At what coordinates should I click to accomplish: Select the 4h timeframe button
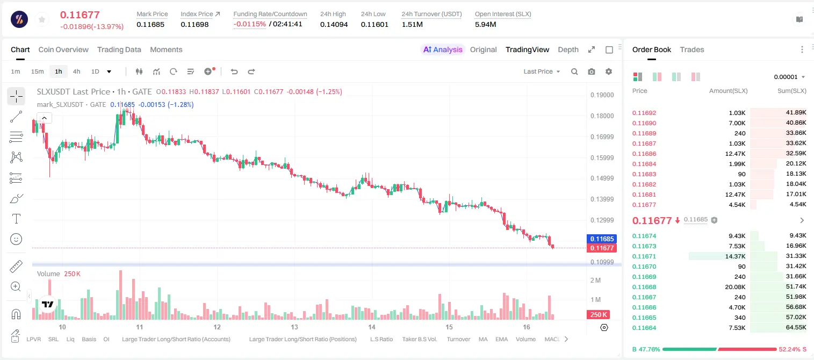coord(76,71)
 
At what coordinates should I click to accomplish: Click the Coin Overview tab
coord(63,49)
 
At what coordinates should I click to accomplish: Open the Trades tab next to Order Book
coord(692,49)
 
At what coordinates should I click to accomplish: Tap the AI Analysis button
coord(443,49)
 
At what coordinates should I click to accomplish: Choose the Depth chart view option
coord(568,49)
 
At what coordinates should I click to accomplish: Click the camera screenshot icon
coord(592,71)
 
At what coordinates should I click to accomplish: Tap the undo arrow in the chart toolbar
coord(234,71)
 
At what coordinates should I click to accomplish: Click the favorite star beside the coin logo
coord(42,19)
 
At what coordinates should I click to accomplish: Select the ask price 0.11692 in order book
coord(644,113)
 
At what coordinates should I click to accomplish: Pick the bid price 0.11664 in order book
coord(644,328)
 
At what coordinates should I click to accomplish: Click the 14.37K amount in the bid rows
coord(735,256)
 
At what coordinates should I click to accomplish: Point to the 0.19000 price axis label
coord(602,95)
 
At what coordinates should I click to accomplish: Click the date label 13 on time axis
coord(294,327)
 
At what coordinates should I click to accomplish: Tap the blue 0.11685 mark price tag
coord(602,239)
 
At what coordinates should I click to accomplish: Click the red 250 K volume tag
coord(599,314)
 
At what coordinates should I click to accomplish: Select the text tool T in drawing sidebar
coord(16,219)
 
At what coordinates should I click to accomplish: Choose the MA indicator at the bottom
coord(483,339)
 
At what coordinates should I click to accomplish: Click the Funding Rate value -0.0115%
coord(250,24)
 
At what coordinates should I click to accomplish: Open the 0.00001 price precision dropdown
coord(790,77)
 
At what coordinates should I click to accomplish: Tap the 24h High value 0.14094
coord(334,24)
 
